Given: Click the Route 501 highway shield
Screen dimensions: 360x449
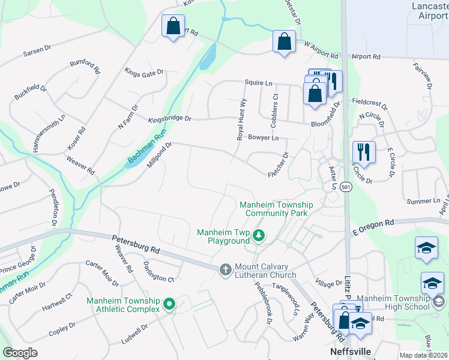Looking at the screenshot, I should tap(346, 187).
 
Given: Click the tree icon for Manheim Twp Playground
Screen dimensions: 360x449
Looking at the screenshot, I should tap(259, 235).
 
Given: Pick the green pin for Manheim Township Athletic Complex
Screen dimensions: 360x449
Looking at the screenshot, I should tap(169, 305).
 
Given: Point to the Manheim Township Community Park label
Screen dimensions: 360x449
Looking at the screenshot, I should tap(273, 208).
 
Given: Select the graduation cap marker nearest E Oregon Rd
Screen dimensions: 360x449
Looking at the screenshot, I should tap(426, 248).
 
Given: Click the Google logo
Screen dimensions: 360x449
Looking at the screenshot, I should tap(20, 353).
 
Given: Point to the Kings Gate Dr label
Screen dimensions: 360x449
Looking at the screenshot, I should tap(144, 73).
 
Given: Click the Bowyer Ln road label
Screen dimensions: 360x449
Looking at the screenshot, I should tap(264, 138).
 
